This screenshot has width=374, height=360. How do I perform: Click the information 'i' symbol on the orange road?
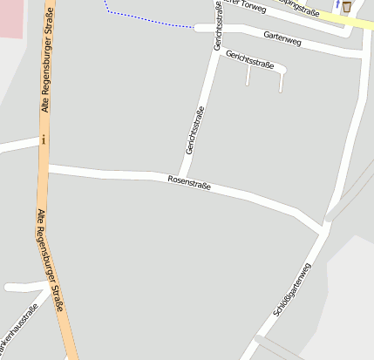pos(44,139)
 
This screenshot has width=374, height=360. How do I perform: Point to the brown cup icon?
pos(347,7)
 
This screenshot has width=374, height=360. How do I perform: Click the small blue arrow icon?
pos(337,4)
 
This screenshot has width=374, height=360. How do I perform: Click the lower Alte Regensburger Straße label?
pos(51,259)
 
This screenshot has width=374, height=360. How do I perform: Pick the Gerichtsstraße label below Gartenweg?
pos(249,59)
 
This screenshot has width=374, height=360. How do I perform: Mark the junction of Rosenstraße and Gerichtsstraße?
pos(185,179)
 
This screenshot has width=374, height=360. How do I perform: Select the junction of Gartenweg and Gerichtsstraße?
pos(216,29)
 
